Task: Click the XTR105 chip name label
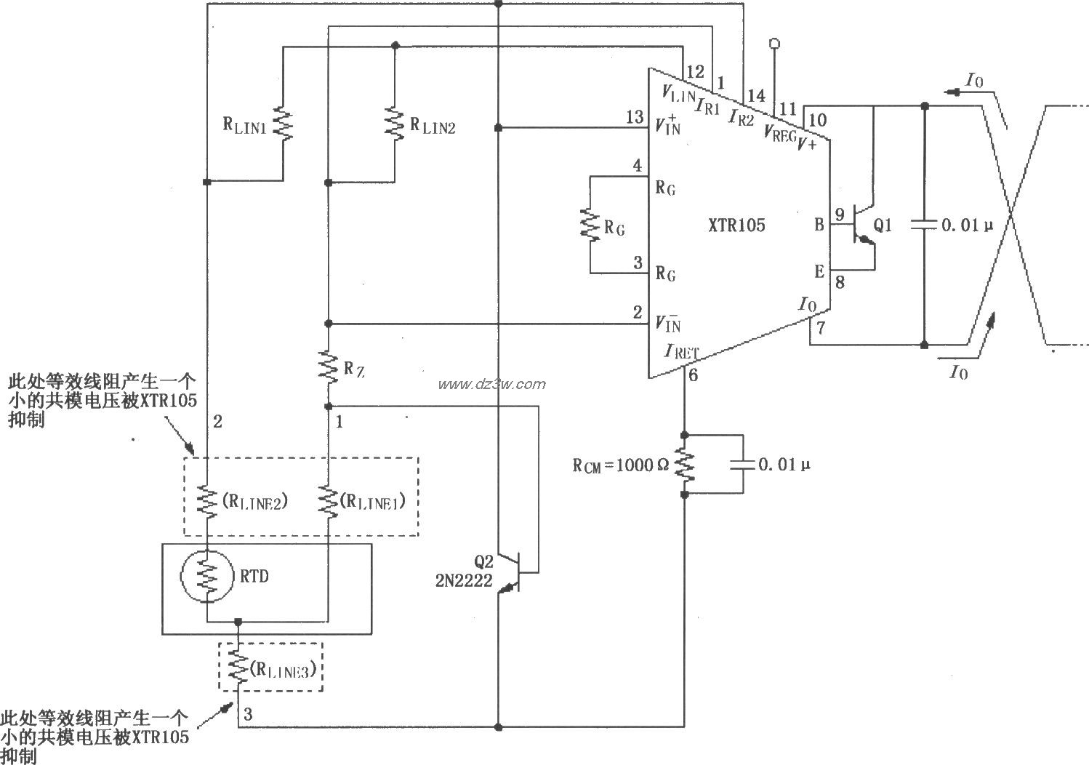click(x=736, y=225)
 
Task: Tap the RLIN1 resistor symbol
click(x=282, y=124)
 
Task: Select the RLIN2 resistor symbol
click(x=394, y=124)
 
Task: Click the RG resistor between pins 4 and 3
click(x=590, y=225)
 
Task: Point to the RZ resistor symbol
click(x=328, y=367)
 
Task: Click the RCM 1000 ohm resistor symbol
click(x=684, y=464)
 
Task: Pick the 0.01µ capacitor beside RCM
click(x=742, y=464)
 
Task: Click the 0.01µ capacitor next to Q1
click(x=924, y=225)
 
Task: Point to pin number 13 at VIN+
click(x=634, y=117)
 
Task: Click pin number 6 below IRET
click(x=693, y=375)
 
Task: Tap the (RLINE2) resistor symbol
click(x=207, y=502)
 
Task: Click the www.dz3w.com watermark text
click(x=491, y=384)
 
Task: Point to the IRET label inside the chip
click(x=682, y=351)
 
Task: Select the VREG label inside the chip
click(x=779, y=134)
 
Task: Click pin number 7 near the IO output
click(x=821, y=327)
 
